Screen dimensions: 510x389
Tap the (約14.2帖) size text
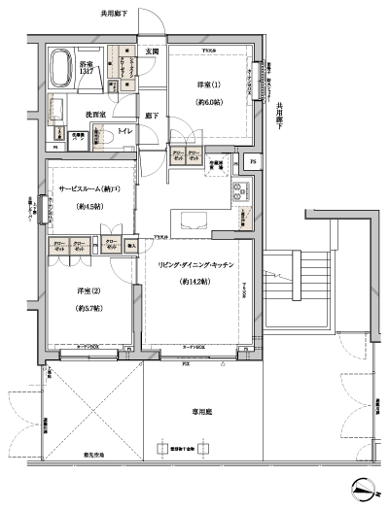coord(198,282)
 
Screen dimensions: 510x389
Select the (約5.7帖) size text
coord(90,308)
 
